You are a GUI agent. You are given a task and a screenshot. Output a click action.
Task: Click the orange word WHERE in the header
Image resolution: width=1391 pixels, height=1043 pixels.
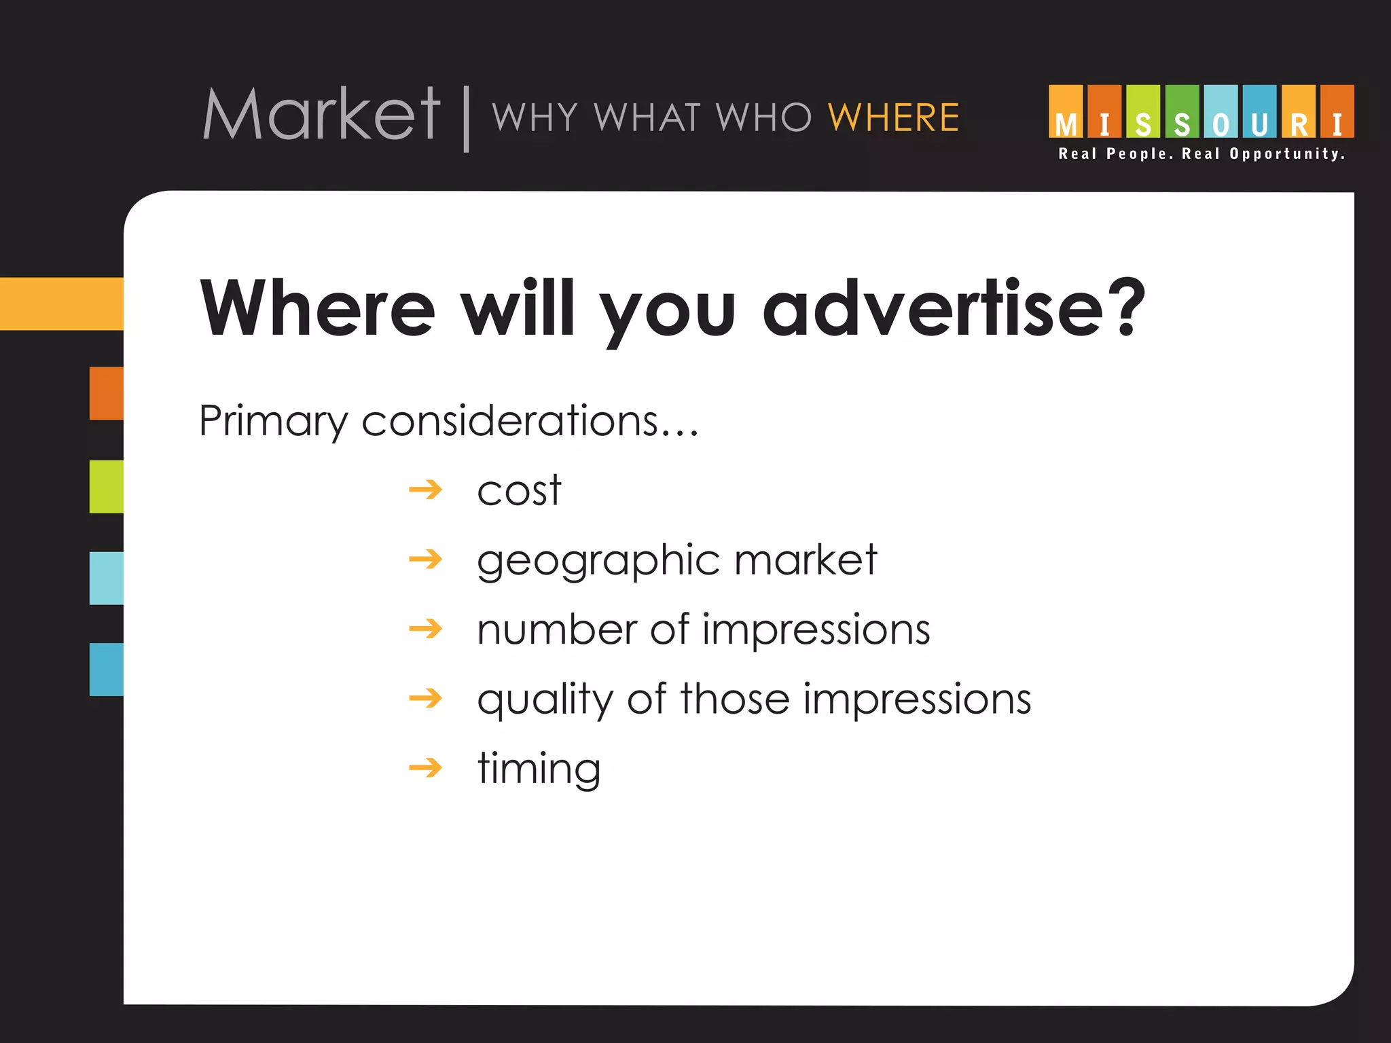(893, 117)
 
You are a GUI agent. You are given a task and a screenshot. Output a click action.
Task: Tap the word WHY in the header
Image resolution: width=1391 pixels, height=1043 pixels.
(535, 117)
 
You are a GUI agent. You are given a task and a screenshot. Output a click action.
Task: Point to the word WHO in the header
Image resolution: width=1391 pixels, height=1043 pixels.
(764, 117)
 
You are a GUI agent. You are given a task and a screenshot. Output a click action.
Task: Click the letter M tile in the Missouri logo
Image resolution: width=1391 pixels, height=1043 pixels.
(1066, 112)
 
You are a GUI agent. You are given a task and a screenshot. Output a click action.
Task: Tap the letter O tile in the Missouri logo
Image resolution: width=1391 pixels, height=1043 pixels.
(1221, 112)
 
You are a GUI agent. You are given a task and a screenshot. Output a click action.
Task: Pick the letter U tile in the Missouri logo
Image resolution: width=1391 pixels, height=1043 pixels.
(1259, 112)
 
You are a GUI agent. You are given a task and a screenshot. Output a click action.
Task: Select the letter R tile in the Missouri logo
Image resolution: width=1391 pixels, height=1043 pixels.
(1299, 112)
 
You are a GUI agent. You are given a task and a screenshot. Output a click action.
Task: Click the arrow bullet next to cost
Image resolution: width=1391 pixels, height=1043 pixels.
(426, 490)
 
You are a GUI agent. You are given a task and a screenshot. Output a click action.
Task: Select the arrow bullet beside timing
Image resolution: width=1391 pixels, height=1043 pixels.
(426, 768)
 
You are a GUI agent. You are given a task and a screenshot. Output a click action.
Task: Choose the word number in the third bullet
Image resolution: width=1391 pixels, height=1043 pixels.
(556, 629)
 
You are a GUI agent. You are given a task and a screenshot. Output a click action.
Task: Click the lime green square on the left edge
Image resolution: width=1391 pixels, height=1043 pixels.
(107, 487)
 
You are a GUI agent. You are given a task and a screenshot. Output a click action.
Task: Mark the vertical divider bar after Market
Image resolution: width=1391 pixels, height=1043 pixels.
(467, 118)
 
